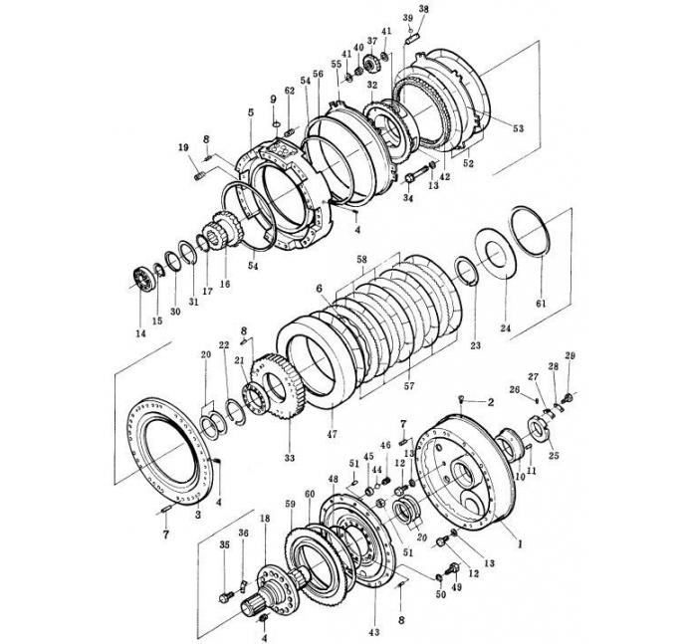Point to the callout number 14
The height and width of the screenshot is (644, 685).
pos(139,333)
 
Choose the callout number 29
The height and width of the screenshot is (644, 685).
pos(571,356)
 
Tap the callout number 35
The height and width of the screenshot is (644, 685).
pos(224,545)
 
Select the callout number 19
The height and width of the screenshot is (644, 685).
pos(183,148)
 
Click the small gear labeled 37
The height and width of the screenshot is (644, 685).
pos(373,64)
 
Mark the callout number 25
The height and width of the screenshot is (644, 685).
pos(554,456)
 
